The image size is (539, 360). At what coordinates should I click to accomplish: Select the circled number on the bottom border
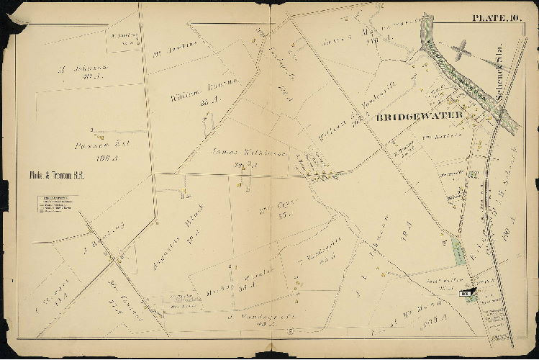[x=289, y=330]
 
